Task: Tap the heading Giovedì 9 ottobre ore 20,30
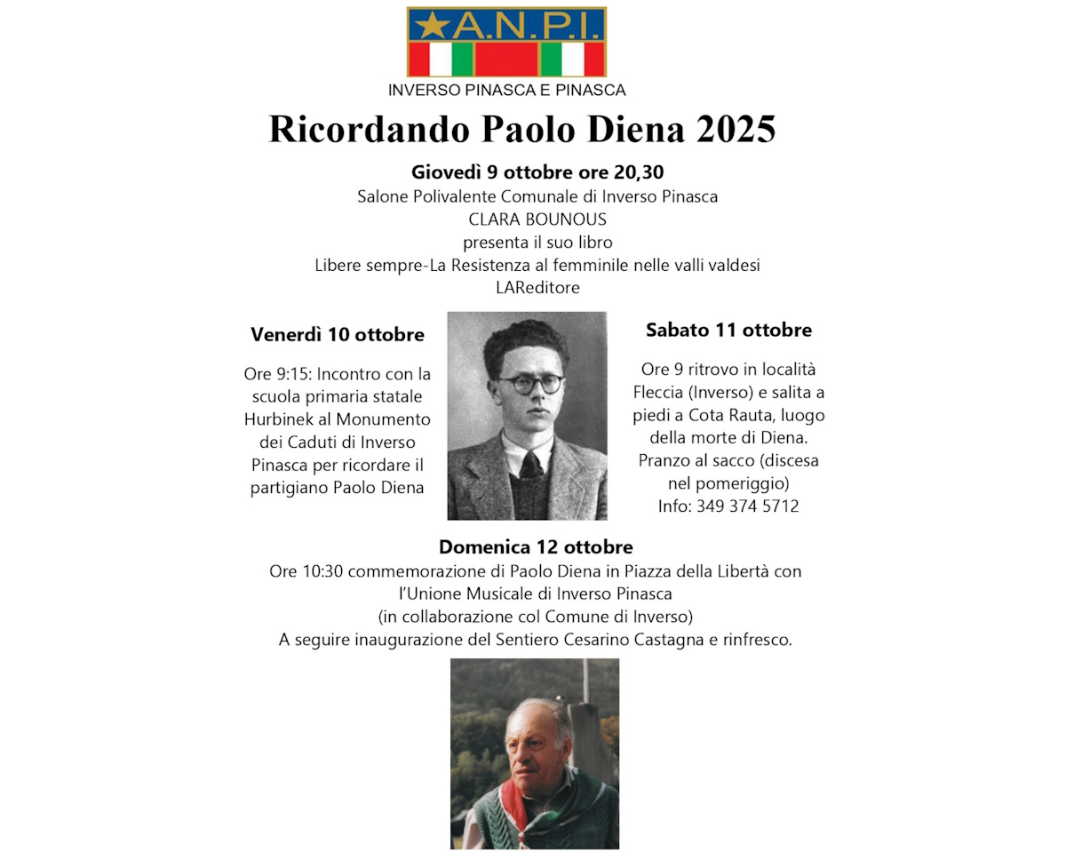pos(537,172)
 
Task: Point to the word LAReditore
pos(537,288)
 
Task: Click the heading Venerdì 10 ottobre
pos(338,335)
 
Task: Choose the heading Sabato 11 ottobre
pos(728,331)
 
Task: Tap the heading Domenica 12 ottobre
pos(536,546)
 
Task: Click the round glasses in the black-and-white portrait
pos(529,384)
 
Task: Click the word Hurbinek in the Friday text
pos(279,419)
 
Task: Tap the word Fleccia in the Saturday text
pos(668,392)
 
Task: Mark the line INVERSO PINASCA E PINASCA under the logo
pos(506,90)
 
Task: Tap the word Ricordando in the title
pos(369,129)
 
